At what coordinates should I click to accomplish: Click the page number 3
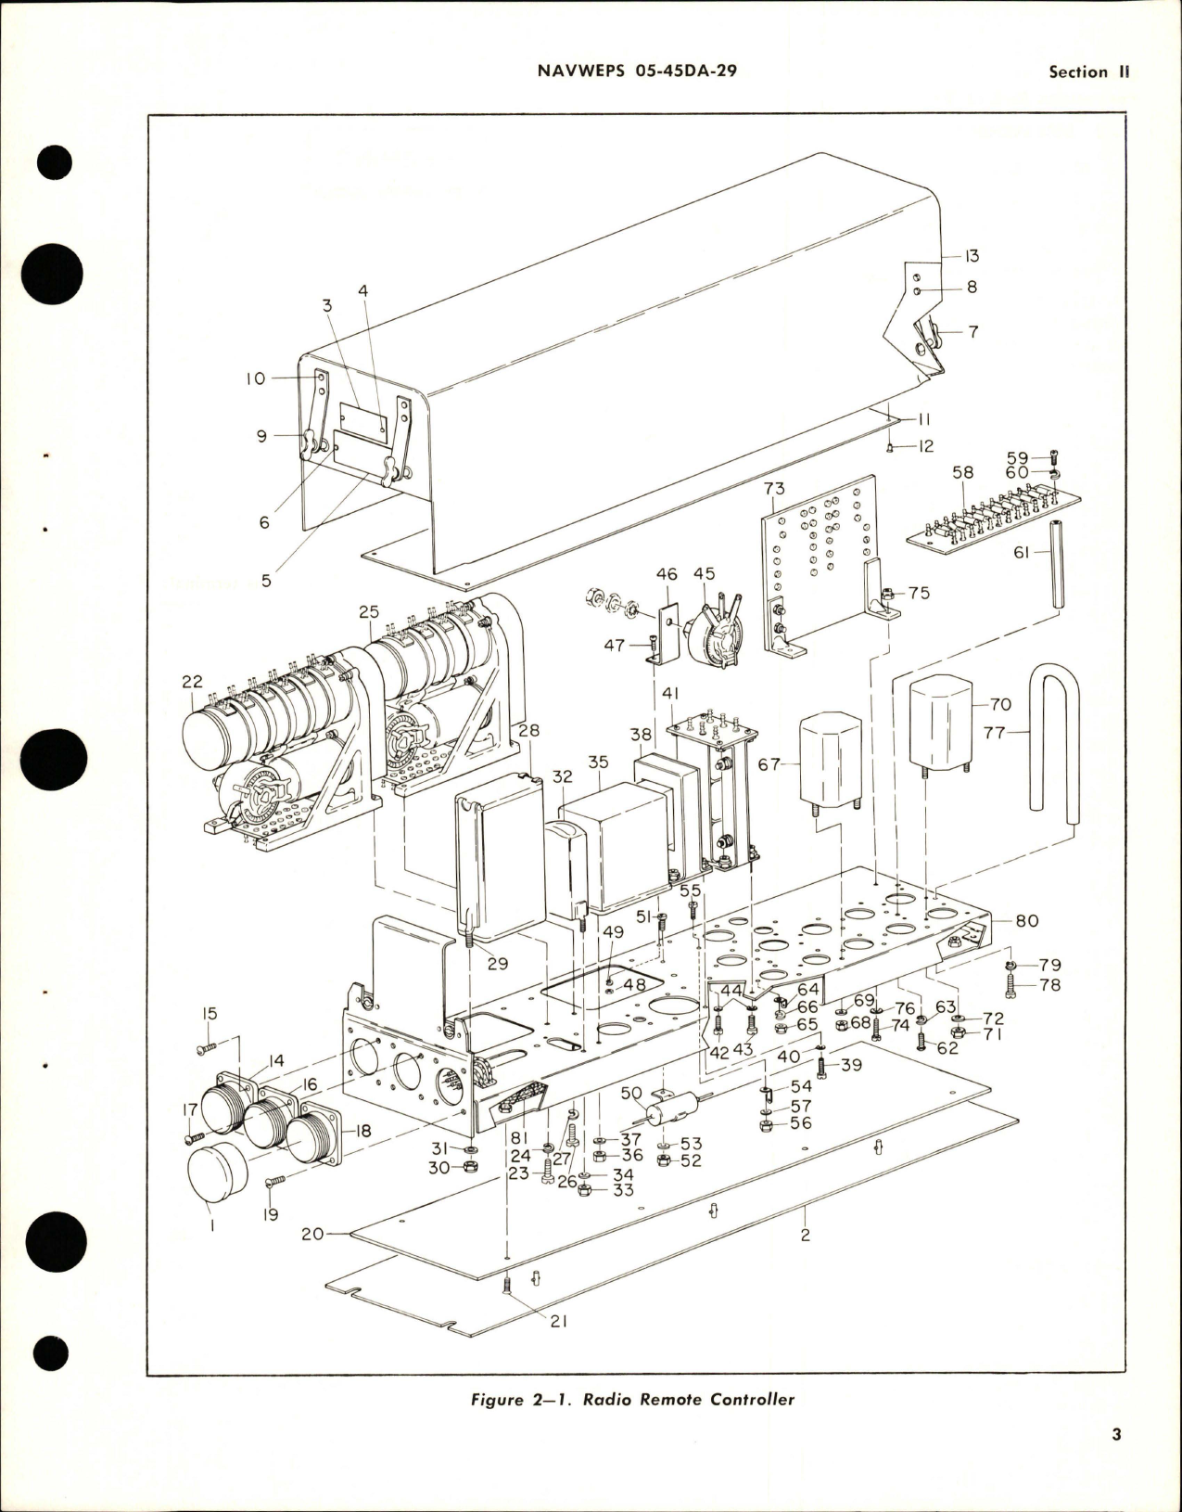(x=1116, y=1462)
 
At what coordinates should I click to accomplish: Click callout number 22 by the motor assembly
(x=192, y=681)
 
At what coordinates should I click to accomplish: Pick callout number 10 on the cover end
(x=256, y=378)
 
